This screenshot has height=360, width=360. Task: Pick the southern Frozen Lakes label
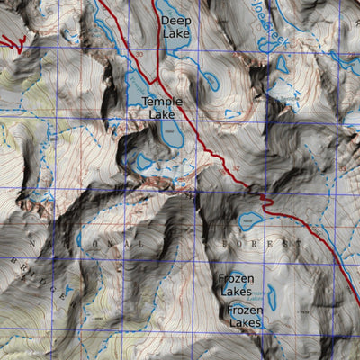pyautogui.click(x=246, y=315)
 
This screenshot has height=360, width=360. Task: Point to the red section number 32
pyautogui.click(x=236, y=167)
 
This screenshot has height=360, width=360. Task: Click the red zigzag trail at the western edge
pyautogui.click(x=11, y=41)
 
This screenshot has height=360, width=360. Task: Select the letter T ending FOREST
pyautogui.click(x=297, y=245)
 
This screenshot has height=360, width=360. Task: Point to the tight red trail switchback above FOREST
pyautogui.click(x=263, y=196)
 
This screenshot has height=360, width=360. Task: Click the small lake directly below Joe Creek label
pyautogui.click(x=281, y=65)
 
